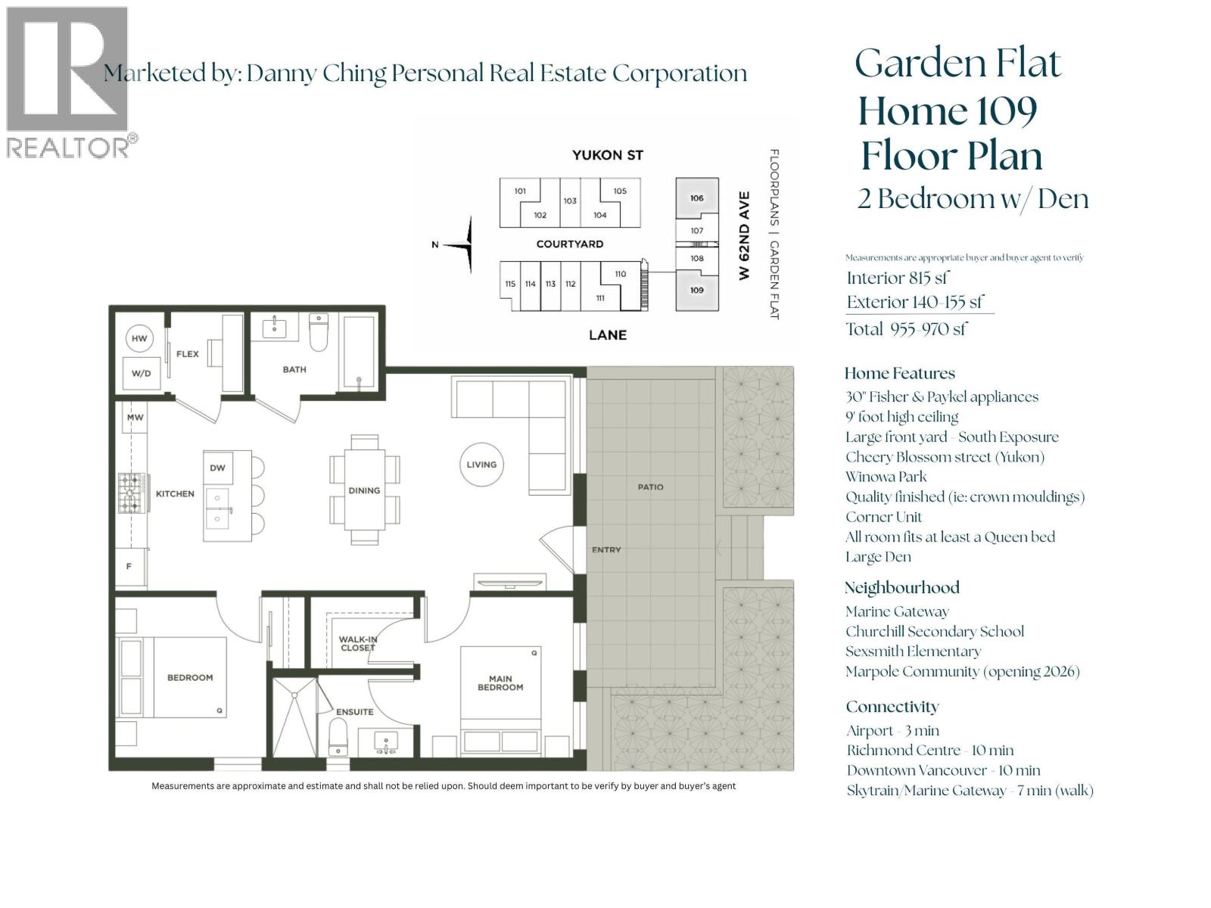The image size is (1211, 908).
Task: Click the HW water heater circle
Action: point(139,338)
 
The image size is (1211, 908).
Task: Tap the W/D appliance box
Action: point(141,373)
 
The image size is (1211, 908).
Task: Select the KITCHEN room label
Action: point(175,493)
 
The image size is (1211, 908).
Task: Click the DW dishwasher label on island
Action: point(217,468)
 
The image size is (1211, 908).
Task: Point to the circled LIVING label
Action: point(481,465)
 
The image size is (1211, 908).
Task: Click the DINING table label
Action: point(364,490)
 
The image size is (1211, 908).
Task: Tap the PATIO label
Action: point(650,487)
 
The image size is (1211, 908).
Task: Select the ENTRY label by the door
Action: point(606,550)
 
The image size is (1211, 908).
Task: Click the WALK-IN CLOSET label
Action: point(357,643)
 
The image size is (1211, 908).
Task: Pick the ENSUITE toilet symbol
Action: point(338,737)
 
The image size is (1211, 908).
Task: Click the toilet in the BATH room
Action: point(319,334)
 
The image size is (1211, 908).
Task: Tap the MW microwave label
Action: point(135,417)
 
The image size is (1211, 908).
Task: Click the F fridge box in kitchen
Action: point(129,565)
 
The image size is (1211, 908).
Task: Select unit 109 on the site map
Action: point(696,290)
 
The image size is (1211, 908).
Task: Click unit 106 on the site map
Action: point(696,198)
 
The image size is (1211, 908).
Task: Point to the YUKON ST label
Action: point(607,155)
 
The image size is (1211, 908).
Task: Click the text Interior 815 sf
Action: point(898,278)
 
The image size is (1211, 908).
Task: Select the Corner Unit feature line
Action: point(883,517)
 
